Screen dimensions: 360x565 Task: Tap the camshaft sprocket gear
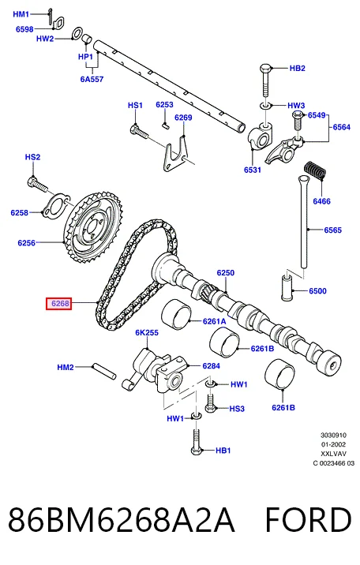tap(93, 227)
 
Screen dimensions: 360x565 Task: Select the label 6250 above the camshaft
tap(226, 273)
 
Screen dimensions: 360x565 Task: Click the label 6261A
tap(215, 321)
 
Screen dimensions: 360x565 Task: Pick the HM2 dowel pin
tap(104, 371)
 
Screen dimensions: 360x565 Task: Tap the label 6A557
tap(92, 79)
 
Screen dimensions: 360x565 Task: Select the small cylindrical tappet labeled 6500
tap(287, 287)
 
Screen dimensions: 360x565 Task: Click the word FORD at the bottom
tap(308, 519)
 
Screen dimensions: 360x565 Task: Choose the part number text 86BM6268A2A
tap(122, 519)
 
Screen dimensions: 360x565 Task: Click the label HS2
tap(33, 157)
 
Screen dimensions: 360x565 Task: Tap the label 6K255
tap(147, 332)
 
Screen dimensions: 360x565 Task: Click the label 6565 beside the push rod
tap(332, 230)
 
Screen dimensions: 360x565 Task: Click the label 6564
tap(341, 127)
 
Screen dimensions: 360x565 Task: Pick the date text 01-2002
tap(333, 444)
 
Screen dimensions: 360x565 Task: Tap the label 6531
tap(253, 170)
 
